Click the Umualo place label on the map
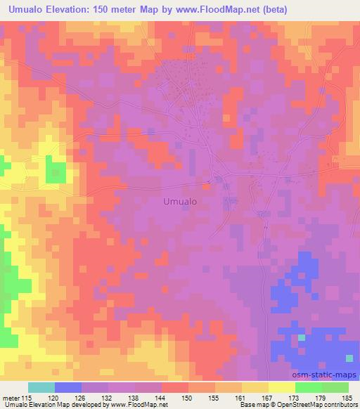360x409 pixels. tap(179, 201)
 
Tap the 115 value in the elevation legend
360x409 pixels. tap(25, 399)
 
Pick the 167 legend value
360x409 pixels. tap(241, 399)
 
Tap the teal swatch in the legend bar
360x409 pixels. tap(41, 388)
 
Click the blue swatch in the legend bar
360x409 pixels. tap(68, 388)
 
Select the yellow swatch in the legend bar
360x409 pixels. tap(281, 388)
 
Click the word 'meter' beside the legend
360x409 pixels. tap(10, 399)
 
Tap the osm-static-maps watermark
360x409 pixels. tap(328, 376)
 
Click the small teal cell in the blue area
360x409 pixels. tap(301, 338)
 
